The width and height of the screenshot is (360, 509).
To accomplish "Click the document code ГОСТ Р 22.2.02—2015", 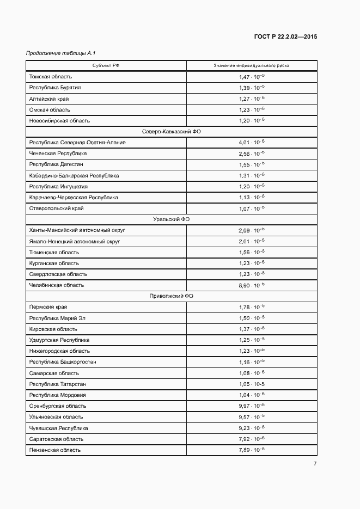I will tap(285, 37).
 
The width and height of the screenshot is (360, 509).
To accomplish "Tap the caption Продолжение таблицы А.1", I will tap(61, 53).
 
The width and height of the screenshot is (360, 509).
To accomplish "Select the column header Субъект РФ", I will tap(106, 66).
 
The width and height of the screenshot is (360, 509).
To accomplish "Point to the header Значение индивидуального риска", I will tap(252, 66).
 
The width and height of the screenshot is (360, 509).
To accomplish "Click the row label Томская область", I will tap(51, 77).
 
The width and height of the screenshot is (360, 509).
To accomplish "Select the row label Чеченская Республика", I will tap(58, 154).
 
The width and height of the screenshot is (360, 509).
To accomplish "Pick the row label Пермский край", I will tap(48, 307).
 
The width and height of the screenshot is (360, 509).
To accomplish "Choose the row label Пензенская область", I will tap(55, 450).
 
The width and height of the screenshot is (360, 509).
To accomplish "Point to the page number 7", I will tap(315, 463).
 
